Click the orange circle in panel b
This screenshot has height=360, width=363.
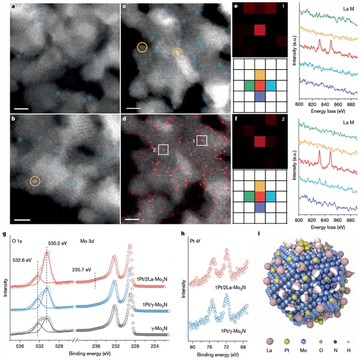click(x=35, y=181)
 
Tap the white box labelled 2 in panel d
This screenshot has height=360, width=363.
click(x=163, y=149)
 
